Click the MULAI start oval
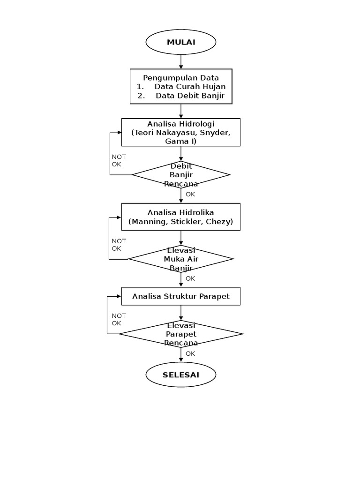click(x=180, y=43)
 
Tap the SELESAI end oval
click(x=180, y=375)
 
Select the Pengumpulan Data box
click(x=180, y=87)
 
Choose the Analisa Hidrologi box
click(x=180, y=132)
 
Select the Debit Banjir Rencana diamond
click(x=180, y=175)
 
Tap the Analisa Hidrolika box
click(x=180, y=217)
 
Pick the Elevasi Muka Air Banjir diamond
click(x=180, y=259)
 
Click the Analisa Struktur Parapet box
click(x=180, y=296)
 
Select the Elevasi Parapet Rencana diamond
click(x=180, y=334)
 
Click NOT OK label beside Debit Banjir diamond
click(x=118, y=160)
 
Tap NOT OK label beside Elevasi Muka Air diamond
click(x=118, y=245)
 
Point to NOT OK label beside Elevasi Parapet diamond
click(x=118, y=320)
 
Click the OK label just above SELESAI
click(x=190, y=354)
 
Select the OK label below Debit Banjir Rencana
click(x=190, y=194)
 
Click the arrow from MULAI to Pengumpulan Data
click(x=181, y=61)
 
